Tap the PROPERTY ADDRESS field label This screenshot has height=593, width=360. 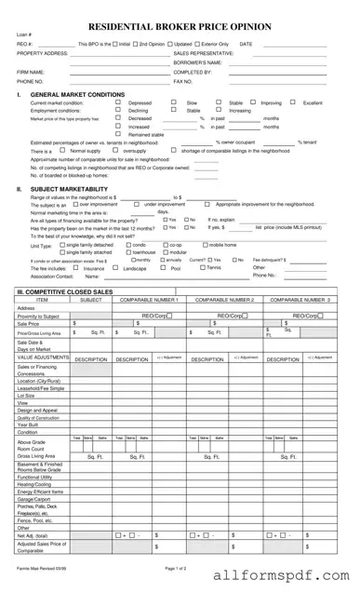point(43,53)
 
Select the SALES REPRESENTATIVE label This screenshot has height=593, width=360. point(204,53)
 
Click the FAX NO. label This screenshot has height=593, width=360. point(183,81)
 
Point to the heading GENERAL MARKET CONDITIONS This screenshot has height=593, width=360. point(78,95)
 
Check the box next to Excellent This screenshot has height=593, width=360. point(292,101)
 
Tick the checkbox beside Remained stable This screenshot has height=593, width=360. point(118,134)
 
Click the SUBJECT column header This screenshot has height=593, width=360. point(91,300)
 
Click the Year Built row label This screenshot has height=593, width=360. point(28,425)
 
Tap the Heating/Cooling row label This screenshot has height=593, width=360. point(34,484)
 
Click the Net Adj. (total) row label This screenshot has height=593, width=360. point(33,534)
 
